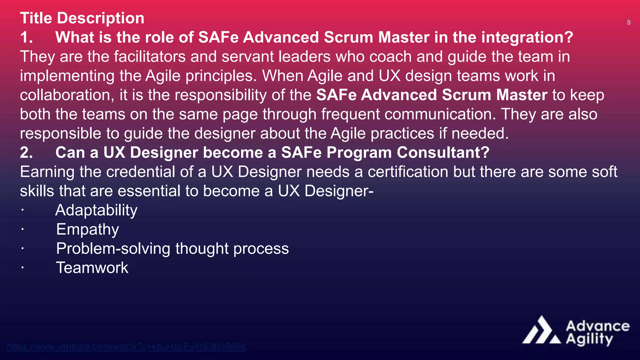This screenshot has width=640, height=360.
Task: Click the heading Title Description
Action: (82, 18)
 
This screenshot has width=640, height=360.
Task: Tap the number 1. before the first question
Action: (27, 37)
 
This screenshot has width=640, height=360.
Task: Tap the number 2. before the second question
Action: (27, 153)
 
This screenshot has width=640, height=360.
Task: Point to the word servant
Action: (247, 57)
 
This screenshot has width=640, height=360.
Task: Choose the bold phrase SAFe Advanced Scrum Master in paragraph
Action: (432, 95)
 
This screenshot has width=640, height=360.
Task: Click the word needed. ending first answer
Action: (480, 134)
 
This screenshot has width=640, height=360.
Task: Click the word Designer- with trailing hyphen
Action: (339, 191)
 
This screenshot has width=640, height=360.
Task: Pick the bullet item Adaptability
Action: (96, 210)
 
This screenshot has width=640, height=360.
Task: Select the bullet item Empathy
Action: (87, 230)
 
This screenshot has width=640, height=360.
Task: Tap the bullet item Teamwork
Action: (92, 268)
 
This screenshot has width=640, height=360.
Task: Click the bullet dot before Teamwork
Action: (22, 268)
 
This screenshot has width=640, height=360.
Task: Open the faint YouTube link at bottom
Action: (126, 347)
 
